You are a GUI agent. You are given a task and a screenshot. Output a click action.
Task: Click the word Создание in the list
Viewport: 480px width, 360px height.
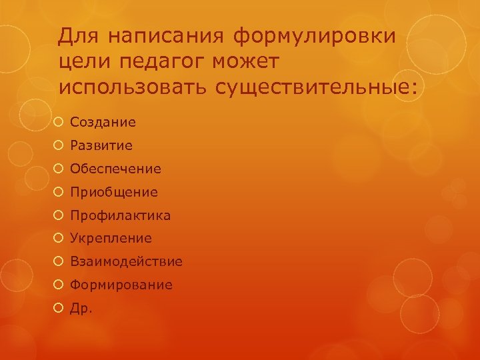pyautogui.click(x=103, y=122)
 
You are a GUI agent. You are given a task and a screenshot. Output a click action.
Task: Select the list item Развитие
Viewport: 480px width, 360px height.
pyautogui.click(x=101, y=145)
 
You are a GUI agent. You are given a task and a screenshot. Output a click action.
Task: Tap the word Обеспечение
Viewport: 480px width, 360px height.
pyautogui.click(x=115, y=169)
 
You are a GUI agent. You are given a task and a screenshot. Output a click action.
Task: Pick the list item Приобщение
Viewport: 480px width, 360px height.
pyautogui.click(x=114, y=192)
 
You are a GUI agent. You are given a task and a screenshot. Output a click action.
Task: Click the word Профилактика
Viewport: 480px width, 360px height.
pyautogui.click(x=120, y=215)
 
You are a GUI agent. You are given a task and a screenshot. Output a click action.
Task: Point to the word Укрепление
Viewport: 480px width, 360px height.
pyautogui.click(x=111, y=238)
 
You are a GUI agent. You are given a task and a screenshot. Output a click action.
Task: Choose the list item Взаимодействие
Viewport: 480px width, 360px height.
pyautogui.click(x=126, y=261)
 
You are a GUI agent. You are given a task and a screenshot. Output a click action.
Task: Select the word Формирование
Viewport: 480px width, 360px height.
pyautogui.click(x=121, y=285)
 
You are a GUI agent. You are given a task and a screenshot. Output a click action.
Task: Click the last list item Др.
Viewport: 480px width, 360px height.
pyautogui.click(x=81, y=308)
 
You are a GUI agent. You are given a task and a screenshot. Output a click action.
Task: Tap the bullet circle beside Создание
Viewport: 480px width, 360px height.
pyautogui.click(x=60, y=122)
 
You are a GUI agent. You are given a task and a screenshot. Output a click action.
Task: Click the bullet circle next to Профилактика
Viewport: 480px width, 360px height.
pyautogui.click(x=60, y=215)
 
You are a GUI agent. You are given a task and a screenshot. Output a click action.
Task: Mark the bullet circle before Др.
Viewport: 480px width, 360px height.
pyautogui.click(x=60, y=308)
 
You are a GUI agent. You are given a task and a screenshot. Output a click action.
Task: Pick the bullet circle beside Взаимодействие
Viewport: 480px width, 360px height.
pyautogui.click(x=60, y=261)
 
